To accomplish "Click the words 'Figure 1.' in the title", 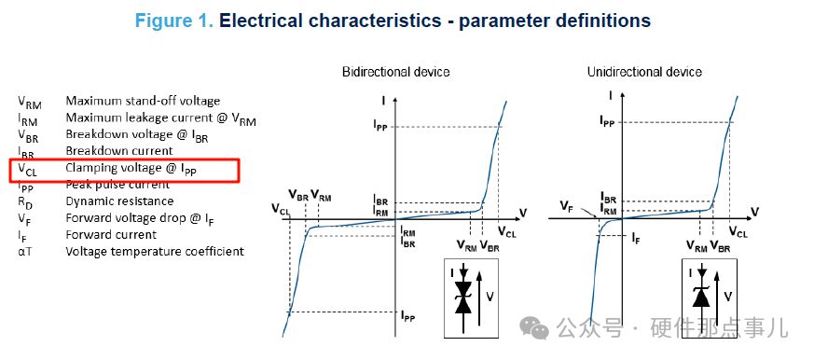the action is (174, 21).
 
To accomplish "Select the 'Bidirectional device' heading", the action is (395, 72).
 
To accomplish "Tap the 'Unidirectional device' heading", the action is (644, 72).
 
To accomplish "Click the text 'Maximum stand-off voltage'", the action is (143, 101).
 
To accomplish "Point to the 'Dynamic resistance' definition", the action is (119, 201).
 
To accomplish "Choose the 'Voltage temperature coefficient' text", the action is (155, 252).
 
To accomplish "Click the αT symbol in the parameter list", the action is (24, 252).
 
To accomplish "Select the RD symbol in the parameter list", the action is (25, 202).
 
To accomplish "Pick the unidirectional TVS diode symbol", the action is (702, 291).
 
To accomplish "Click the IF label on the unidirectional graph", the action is (636, 239).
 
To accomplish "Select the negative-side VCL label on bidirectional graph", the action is (281, 209).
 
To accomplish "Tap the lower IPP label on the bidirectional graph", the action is (408, 315).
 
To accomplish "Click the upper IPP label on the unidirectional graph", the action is (607, 121).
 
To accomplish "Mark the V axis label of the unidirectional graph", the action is (755, 212).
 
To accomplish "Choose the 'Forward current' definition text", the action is (111, 235).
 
